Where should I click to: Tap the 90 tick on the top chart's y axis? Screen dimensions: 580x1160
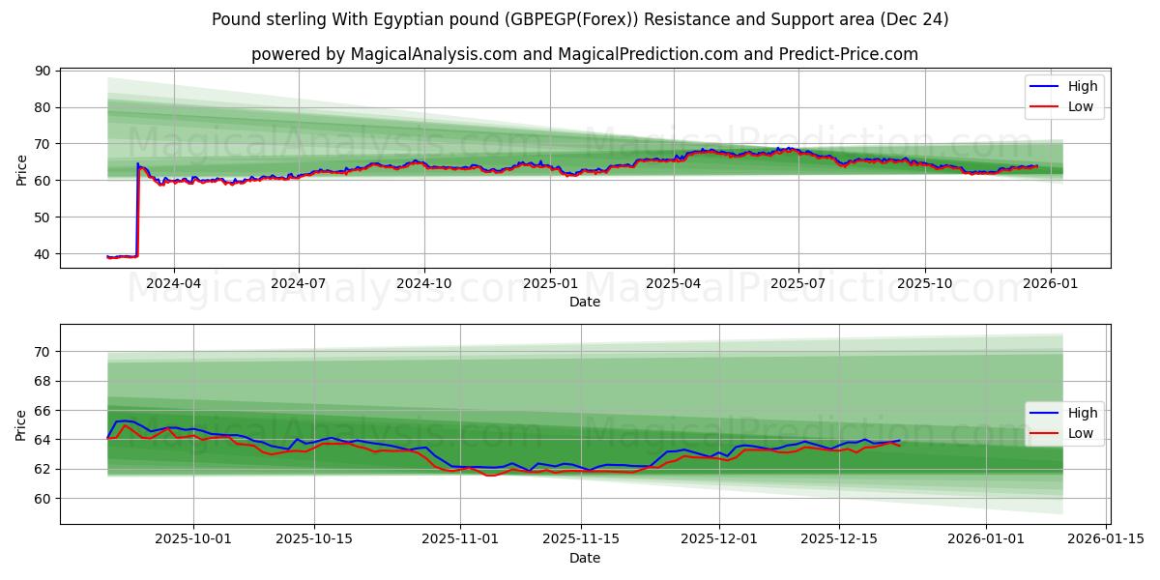pyautogui.click(x=43, y=71)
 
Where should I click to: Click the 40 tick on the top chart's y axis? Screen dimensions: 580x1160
pyautogui.click(x=43, y=254)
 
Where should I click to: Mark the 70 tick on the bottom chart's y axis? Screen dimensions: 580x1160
pyautogui.click(x=43, y=352)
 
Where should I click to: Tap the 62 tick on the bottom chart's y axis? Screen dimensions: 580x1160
pyautogui.click(x=43, y=469)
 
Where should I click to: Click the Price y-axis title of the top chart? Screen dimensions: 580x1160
pyautogui.click(x=21, y=169)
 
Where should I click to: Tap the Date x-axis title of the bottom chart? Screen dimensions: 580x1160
pyautogui.click(x=585, y=558)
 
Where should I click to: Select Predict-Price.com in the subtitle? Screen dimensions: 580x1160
pyautogui.click(x=842, y=54)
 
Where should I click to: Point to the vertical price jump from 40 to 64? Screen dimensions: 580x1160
pyautogui.click(x=137, y=208)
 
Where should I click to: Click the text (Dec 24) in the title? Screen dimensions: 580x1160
pyautogui.click(x=913, y=19)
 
